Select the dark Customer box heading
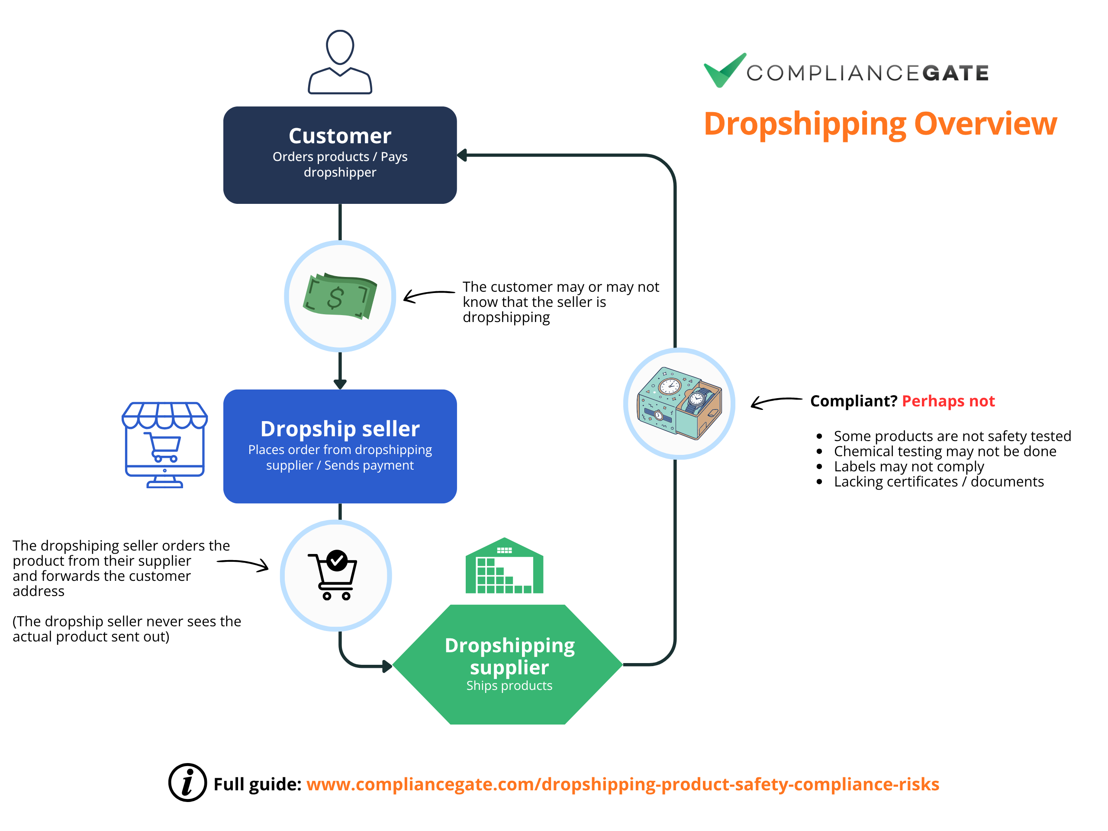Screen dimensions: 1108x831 pyautogui.click(x=340, y=136)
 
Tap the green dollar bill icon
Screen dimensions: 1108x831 pyautogui.click(x=340, y=296)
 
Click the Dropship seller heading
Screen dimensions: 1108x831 pyautogui.click(x=340, y=429)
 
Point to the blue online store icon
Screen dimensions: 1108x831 pyautogui.click(x=165, y=445)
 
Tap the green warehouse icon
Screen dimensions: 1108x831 pyautogui.click(x=504, y=566)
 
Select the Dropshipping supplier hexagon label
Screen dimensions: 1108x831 pyautogui.click(x=509, y=656)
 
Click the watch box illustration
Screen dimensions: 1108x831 pyautogui.click(x=679, y=403)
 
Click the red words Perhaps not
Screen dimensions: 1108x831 pyautogui.click(x=948, y=401)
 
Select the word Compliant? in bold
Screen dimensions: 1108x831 pyautogui.click(x=854, y=401)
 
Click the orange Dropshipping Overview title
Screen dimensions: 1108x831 pyautogui.click(x=880, y=124)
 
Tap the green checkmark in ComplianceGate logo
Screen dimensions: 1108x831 pyautogui.click(x=724, y=70)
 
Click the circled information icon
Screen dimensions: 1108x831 pyautogui.click(x=187, y=783)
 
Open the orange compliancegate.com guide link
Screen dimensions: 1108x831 pyautogui.click(x=623, y=784)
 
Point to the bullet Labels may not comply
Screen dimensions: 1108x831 pyautogui.click(x=908, y=466)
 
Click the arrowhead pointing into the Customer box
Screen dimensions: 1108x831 pyautogui.click(x=461, y=155)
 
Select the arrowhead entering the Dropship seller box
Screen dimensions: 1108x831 pyautogui.click(x=340, y=385)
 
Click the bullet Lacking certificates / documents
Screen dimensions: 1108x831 pyautogui.click(x=939, y=481)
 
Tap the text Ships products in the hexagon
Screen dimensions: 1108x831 pyautogui.click(x=509, y=685)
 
